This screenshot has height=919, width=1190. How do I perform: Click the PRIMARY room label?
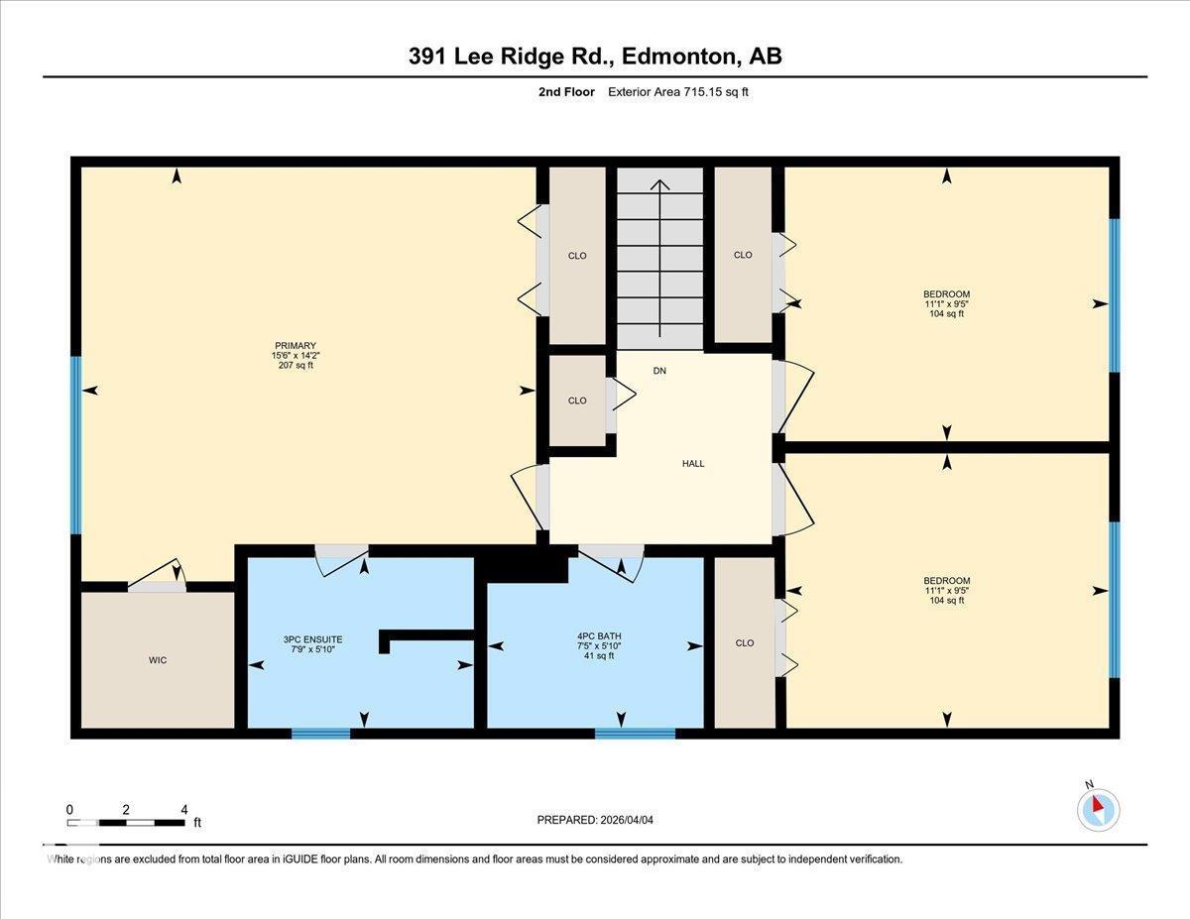(295, 345)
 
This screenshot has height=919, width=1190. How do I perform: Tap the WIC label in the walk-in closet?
(157, 660)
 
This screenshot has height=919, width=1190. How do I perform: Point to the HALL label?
(693, 463)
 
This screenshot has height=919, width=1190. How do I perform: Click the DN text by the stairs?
(659, 371)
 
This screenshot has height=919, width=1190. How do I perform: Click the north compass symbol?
(1098, 809)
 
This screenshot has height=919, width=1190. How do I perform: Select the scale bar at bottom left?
(126, 822)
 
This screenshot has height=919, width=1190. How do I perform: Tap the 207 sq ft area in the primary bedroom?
(295, 366)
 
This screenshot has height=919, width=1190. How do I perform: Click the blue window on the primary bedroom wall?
(75, 445)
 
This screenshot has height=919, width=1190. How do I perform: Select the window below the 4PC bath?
(635, 734)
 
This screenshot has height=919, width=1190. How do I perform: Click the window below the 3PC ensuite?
(320, 734)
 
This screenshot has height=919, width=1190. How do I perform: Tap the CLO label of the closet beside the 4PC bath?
(745, 642)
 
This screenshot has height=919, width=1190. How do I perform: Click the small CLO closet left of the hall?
(577, 401)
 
